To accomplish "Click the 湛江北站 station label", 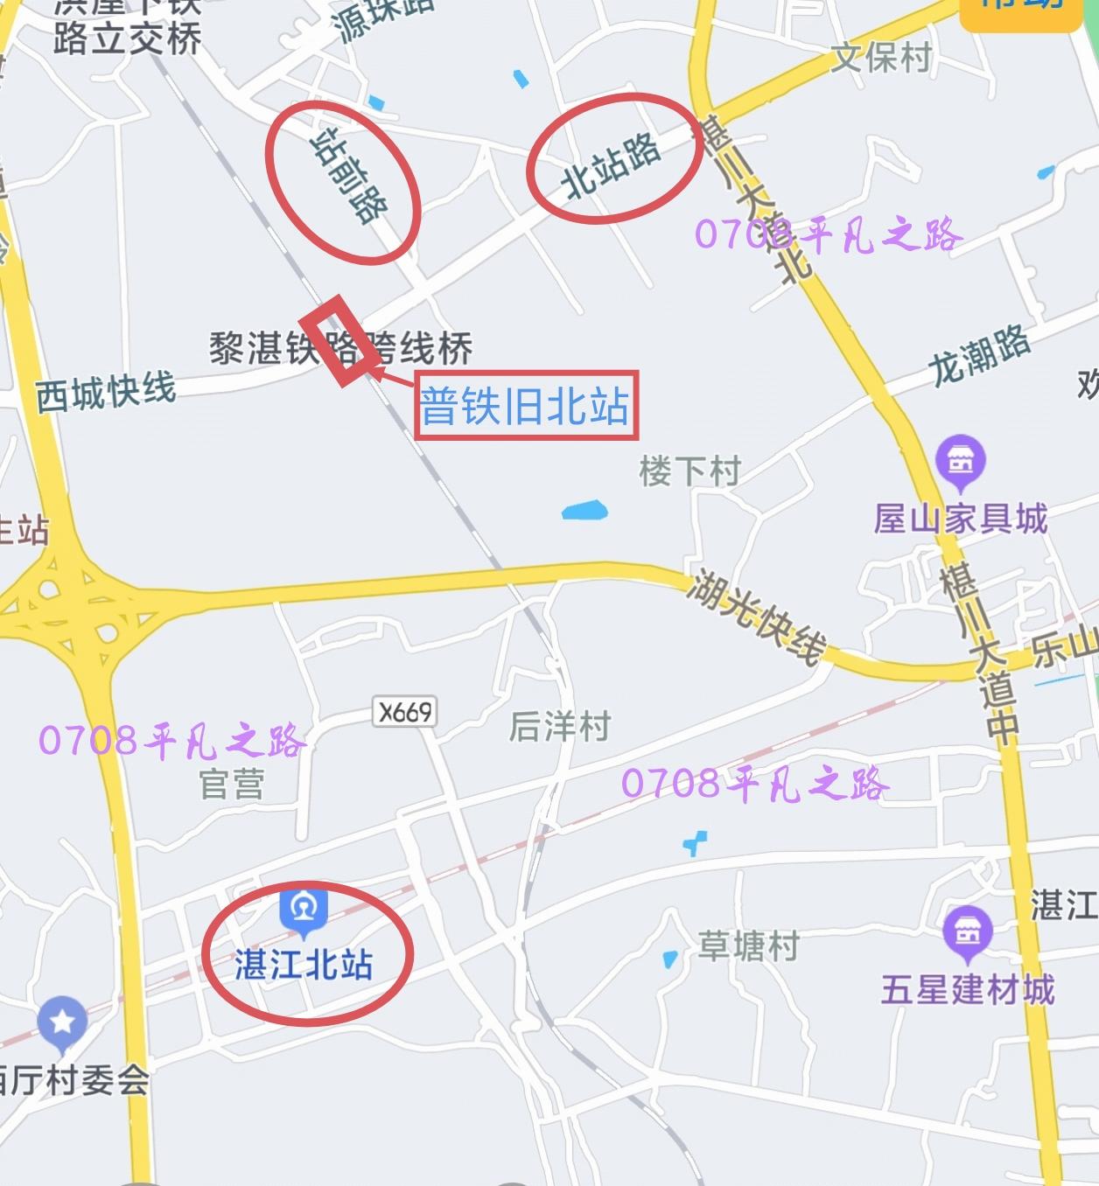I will [304, 965].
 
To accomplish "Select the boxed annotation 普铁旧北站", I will [526, 406].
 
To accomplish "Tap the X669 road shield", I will [405, 712].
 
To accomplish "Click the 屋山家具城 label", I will [961, 519].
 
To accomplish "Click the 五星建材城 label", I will [968, 990].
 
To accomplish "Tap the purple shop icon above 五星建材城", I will [968, 931].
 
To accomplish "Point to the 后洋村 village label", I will [560, 726].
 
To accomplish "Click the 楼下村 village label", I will [689, 471].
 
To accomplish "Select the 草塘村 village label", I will [748, 945].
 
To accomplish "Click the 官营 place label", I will [231, 784].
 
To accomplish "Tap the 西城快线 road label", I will [106, 392].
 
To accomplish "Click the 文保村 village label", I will [880, 58].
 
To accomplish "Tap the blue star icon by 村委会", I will [62, 1022].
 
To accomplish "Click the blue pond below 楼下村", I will [584, 510].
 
